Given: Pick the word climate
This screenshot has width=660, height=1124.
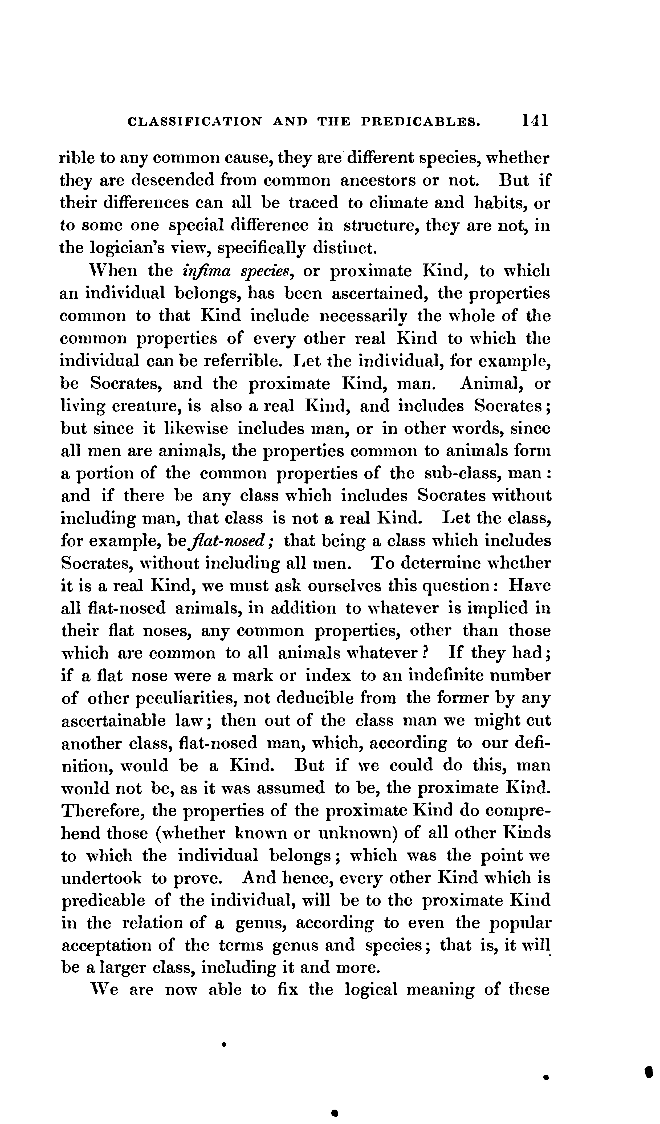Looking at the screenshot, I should point(391,203).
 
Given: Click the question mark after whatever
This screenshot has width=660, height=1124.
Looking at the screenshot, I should point(425,654).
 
